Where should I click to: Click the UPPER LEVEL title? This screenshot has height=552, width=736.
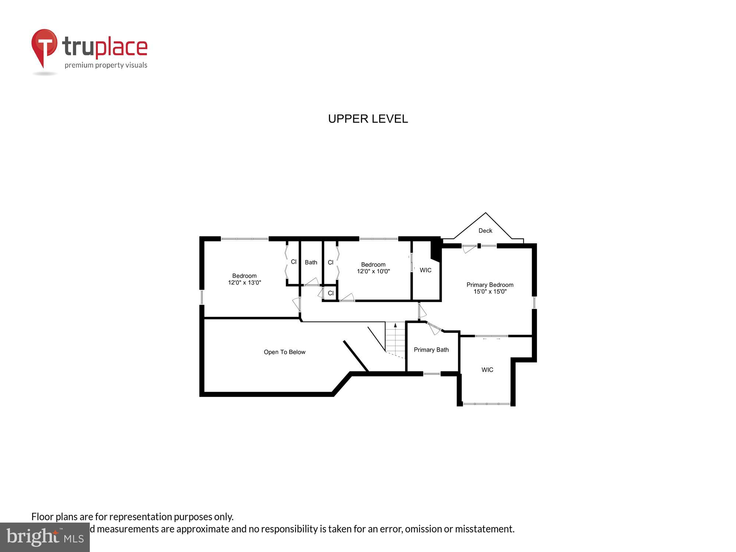tap(368, 119)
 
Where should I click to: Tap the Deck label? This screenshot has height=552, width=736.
tap(485, 231)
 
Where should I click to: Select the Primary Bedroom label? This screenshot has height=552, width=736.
tap(490, 285)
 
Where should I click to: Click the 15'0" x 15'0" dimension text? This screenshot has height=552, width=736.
tap(490, 291)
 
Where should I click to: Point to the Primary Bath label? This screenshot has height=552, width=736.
tap(431, 350)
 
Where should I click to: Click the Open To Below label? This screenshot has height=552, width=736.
tap(284, 352)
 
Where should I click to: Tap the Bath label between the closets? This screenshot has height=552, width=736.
tap(311, 262)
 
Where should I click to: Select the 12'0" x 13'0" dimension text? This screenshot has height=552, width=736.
tap(244, 283)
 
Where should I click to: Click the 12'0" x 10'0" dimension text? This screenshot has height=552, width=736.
tap(373, 271)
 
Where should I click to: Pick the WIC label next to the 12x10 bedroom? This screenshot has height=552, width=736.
tap(425, 270)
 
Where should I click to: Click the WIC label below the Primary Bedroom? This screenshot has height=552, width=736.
tap(487, 370)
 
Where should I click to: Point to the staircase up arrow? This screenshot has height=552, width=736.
tap(396, 326)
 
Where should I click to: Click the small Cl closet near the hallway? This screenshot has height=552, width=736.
tap(330, 293)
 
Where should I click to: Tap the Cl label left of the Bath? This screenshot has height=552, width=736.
tap(294, 262)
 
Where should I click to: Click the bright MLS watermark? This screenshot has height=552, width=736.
tap(45, 538)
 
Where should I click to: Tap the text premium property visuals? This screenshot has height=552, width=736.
tap(106, 65)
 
